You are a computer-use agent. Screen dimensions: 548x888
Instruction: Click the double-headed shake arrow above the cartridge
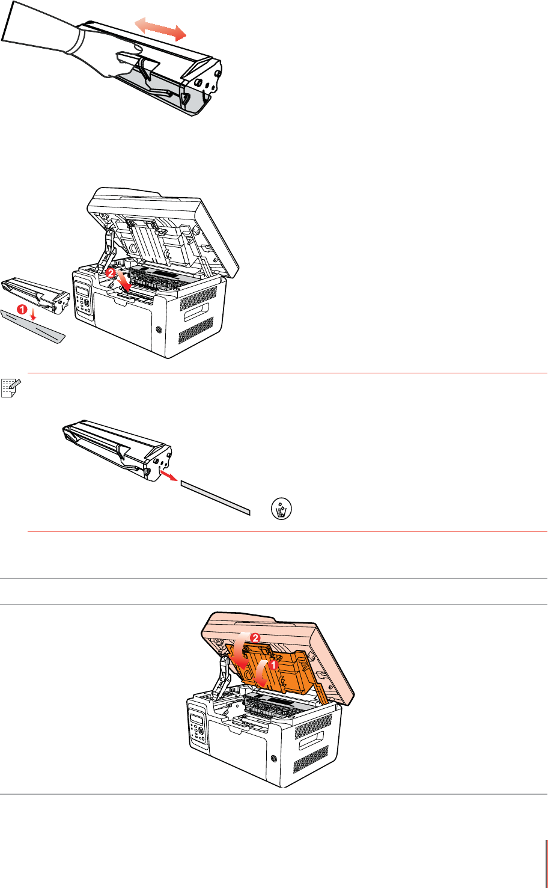pyautogui.click(x=160, y=29)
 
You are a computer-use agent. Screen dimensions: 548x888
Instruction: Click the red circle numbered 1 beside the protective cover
pyautogui.click(x=22, y=309)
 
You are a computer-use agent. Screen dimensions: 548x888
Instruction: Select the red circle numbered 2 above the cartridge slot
pyautogui.click(x=111, y=273)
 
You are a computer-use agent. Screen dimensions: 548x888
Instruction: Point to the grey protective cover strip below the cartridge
pyautogui.click(x=32, y=326)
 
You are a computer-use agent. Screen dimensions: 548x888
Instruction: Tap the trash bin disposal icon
pyautogui.click(x=281, y=509)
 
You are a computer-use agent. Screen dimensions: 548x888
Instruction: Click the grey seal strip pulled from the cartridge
pyautogui.click(x=216, y=498)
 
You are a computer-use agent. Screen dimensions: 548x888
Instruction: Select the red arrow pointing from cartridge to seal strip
pyautogui.click(x=168, y=475)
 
